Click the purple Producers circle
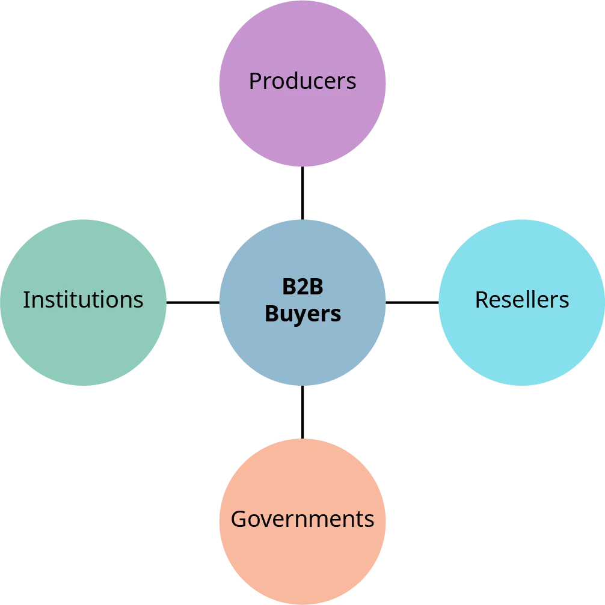click(x=302, y=120)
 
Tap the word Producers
click(x=302, y=81)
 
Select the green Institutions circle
click(x=83, y=342)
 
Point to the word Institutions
click(x=83, y=299)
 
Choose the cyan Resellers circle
click(x=521, y=342)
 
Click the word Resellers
click(x=521, y=299)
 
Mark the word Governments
click(x=302, y=519)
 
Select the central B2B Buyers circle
click(x=302, y=354)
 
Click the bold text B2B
click(x=302, y=287)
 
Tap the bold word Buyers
click(x=302, y=314)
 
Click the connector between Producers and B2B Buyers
click(x=302, y=193)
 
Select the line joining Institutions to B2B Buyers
click(x=192, y=302)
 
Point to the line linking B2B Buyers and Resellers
click(x=412, y=302)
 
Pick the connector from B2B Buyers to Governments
click(x=302, y=412)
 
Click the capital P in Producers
click(x=255, y=81)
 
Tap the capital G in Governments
click(x=239, y=519)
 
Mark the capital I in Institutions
click(x=26, y=299)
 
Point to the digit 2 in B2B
click(x=302, y=287)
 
